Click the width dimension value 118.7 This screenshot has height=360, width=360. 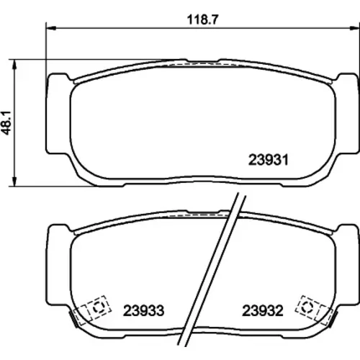click(x=202, y=19)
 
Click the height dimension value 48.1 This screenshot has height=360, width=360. click(x=7, y=122)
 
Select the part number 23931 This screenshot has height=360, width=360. click(x=268, y=160)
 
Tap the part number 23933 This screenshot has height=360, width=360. click(x=144, y=310)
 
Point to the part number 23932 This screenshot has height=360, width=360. click(x=263, y=310)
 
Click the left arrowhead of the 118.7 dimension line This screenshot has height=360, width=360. click(x=50, y=28)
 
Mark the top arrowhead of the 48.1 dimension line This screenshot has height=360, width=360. click(x=15, y=64)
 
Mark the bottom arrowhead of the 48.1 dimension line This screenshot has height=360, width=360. click(x=15, y=181)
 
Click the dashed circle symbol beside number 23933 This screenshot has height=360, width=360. click(x=98, y=307)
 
